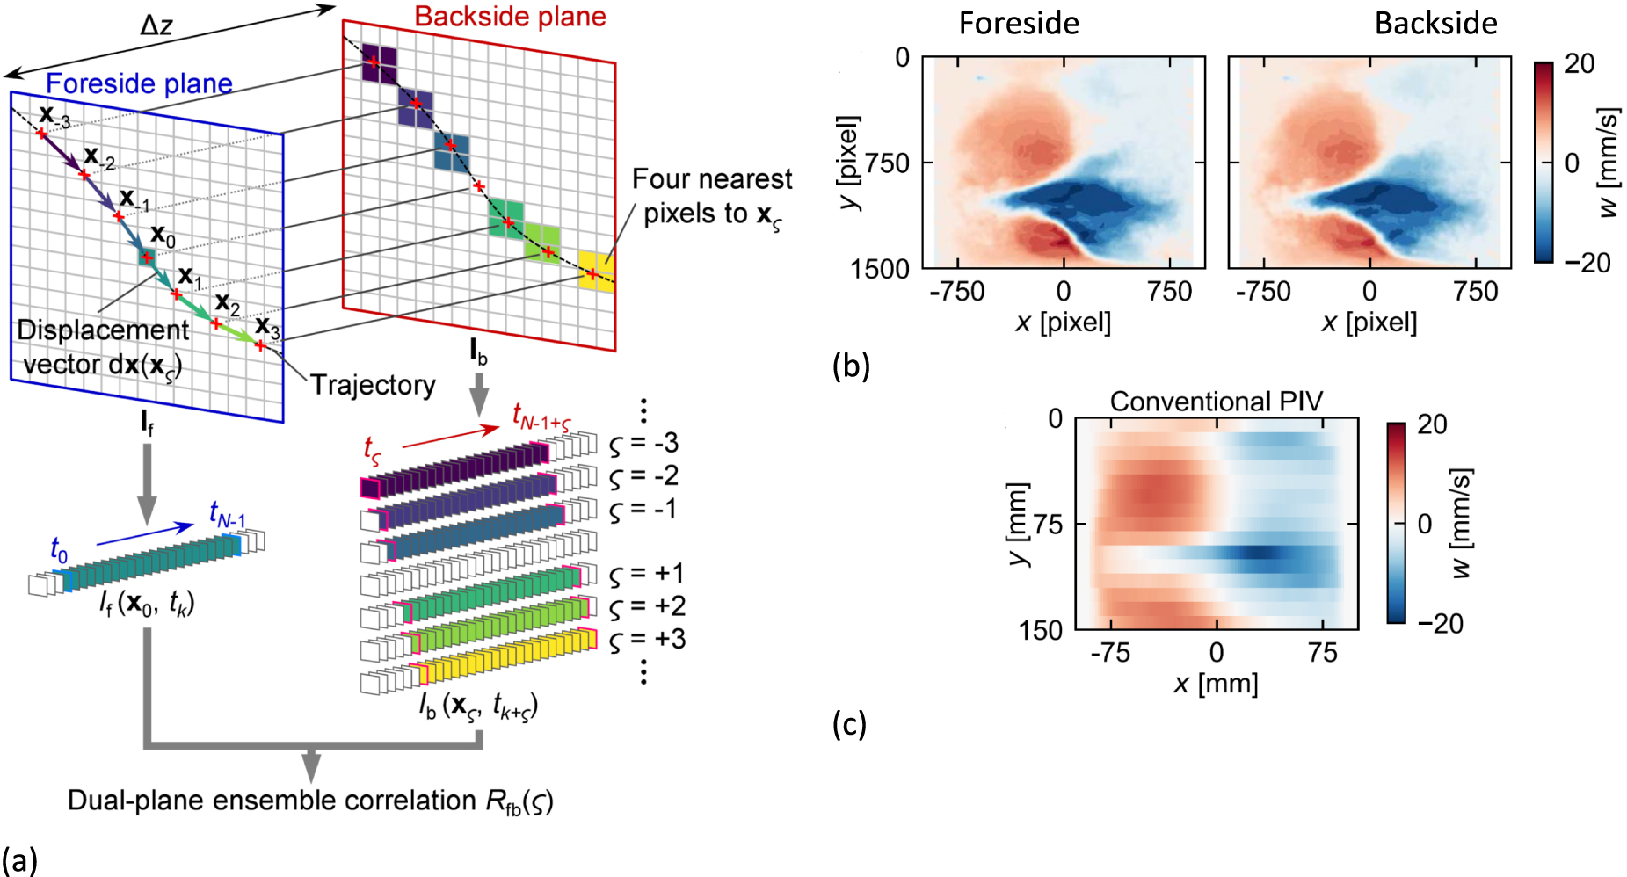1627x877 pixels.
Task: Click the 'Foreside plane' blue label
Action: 139,83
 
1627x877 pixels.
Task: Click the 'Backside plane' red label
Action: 510,17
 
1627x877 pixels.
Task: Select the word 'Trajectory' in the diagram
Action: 373,385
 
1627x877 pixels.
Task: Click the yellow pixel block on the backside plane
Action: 596,270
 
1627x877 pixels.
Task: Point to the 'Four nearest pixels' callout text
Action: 711,196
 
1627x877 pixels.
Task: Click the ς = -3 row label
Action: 643,444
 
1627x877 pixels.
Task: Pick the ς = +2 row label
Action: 647,606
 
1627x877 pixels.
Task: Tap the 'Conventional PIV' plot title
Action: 1216,402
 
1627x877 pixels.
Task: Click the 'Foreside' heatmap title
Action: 1019,23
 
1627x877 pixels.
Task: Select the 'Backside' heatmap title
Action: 1435,23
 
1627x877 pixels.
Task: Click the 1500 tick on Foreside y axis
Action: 880,270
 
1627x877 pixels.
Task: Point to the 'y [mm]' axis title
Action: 1017,524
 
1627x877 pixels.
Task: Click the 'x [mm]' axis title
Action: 1216,683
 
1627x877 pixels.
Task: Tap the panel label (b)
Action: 850,366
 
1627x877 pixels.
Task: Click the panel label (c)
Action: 849,724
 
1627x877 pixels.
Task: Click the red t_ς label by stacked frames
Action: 373,449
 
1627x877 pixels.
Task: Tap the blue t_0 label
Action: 58,550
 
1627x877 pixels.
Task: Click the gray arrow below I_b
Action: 478,395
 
